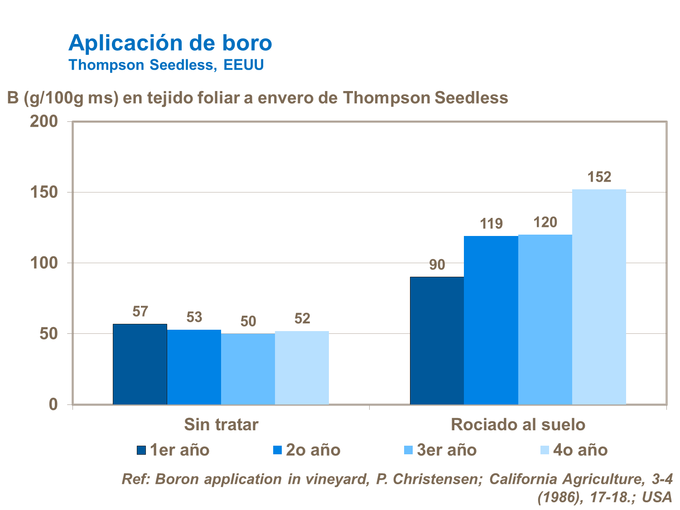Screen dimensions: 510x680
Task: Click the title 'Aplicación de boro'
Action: click(170, 43)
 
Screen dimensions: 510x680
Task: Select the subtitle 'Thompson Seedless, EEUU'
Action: click(166, 65)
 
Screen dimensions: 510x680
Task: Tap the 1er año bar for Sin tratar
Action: click(140, 364)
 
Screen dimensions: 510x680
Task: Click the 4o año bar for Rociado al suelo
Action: click(599, 297)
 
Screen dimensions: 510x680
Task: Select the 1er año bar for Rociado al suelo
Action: click(437, 341)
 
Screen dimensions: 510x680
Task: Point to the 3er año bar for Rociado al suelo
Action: click(545, 319)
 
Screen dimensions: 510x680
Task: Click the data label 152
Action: click(599, 177)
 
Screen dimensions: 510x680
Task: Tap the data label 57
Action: click(140, 312)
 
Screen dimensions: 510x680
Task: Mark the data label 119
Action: click(491, 224)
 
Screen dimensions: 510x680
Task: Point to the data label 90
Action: click(437, 265)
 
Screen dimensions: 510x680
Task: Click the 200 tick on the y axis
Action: click(44, 121)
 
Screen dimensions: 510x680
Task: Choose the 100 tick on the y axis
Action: click(44, 263)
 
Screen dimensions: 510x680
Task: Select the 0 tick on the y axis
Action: click(53, 404)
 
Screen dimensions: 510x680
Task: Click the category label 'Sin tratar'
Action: click(221, 425)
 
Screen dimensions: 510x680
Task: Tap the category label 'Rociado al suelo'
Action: click(518, 425)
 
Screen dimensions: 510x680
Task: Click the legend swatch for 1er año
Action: click(141, 450)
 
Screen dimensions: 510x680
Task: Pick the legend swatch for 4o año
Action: click(545, 450)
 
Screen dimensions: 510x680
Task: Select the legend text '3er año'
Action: click(447, 450)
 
